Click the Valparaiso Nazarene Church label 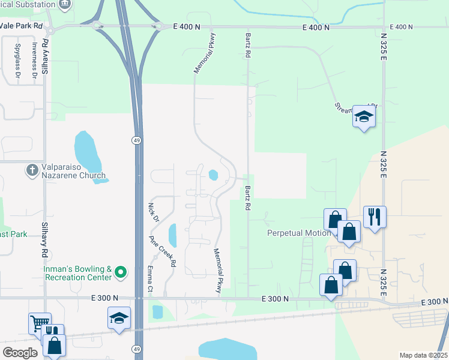(74, 171)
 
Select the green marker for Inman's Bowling (121, 273)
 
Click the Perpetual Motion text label (298, 233)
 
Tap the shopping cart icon (39, 323)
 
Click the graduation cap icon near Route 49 (119, 317)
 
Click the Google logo (20, 352)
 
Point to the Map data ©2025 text (423, 355)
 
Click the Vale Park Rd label (22, 26)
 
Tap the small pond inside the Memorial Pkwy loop (213, 175)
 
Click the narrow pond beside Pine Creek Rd (173, 235)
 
